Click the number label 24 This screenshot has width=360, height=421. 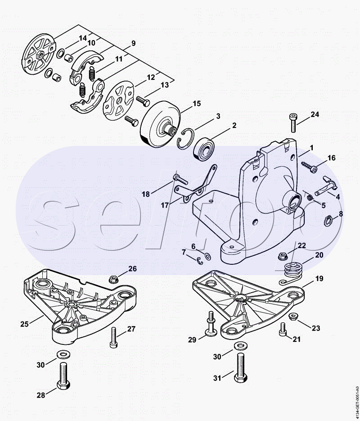coord(315,114)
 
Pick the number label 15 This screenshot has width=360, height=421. coord(197,104)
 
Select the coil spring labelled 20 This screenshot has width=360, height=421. coord(293,269)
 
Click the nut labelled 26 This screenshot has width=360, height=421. coord(114,277)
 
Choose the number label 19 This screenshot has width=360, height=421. coord(319,279)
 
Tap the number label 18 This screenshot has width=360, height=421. coord(146,194)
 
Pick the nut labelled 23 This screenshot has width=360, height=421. coord(293,317)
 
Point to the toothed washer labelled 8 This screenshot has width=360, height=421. coord(329,220)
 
